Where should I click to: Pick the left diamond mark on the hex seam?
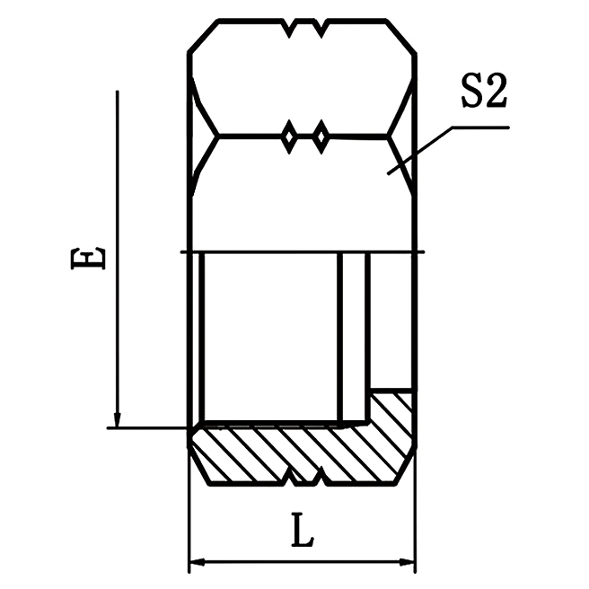tap(290, 137)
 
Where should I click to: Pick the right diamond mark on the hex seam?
tap(319, 137)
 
